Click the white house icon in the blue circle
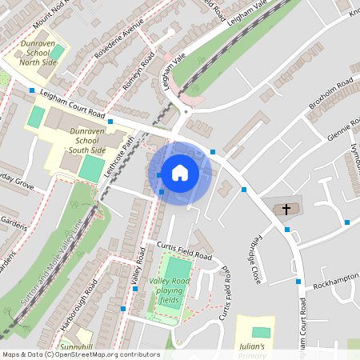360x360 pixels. pyautogui.click(x=180, y=172)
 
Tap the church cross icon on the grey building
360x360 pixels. pyautogui.click(x=285, y=209)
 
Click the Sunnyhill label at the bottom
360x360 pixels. pyautogui.click(x=76, y=346)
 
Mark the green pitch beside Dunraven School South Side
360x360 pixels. pyautogui.click(x=90, y=168)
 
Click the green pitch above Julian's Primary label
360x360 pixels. pyautogui.click(x=261, y=332)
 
